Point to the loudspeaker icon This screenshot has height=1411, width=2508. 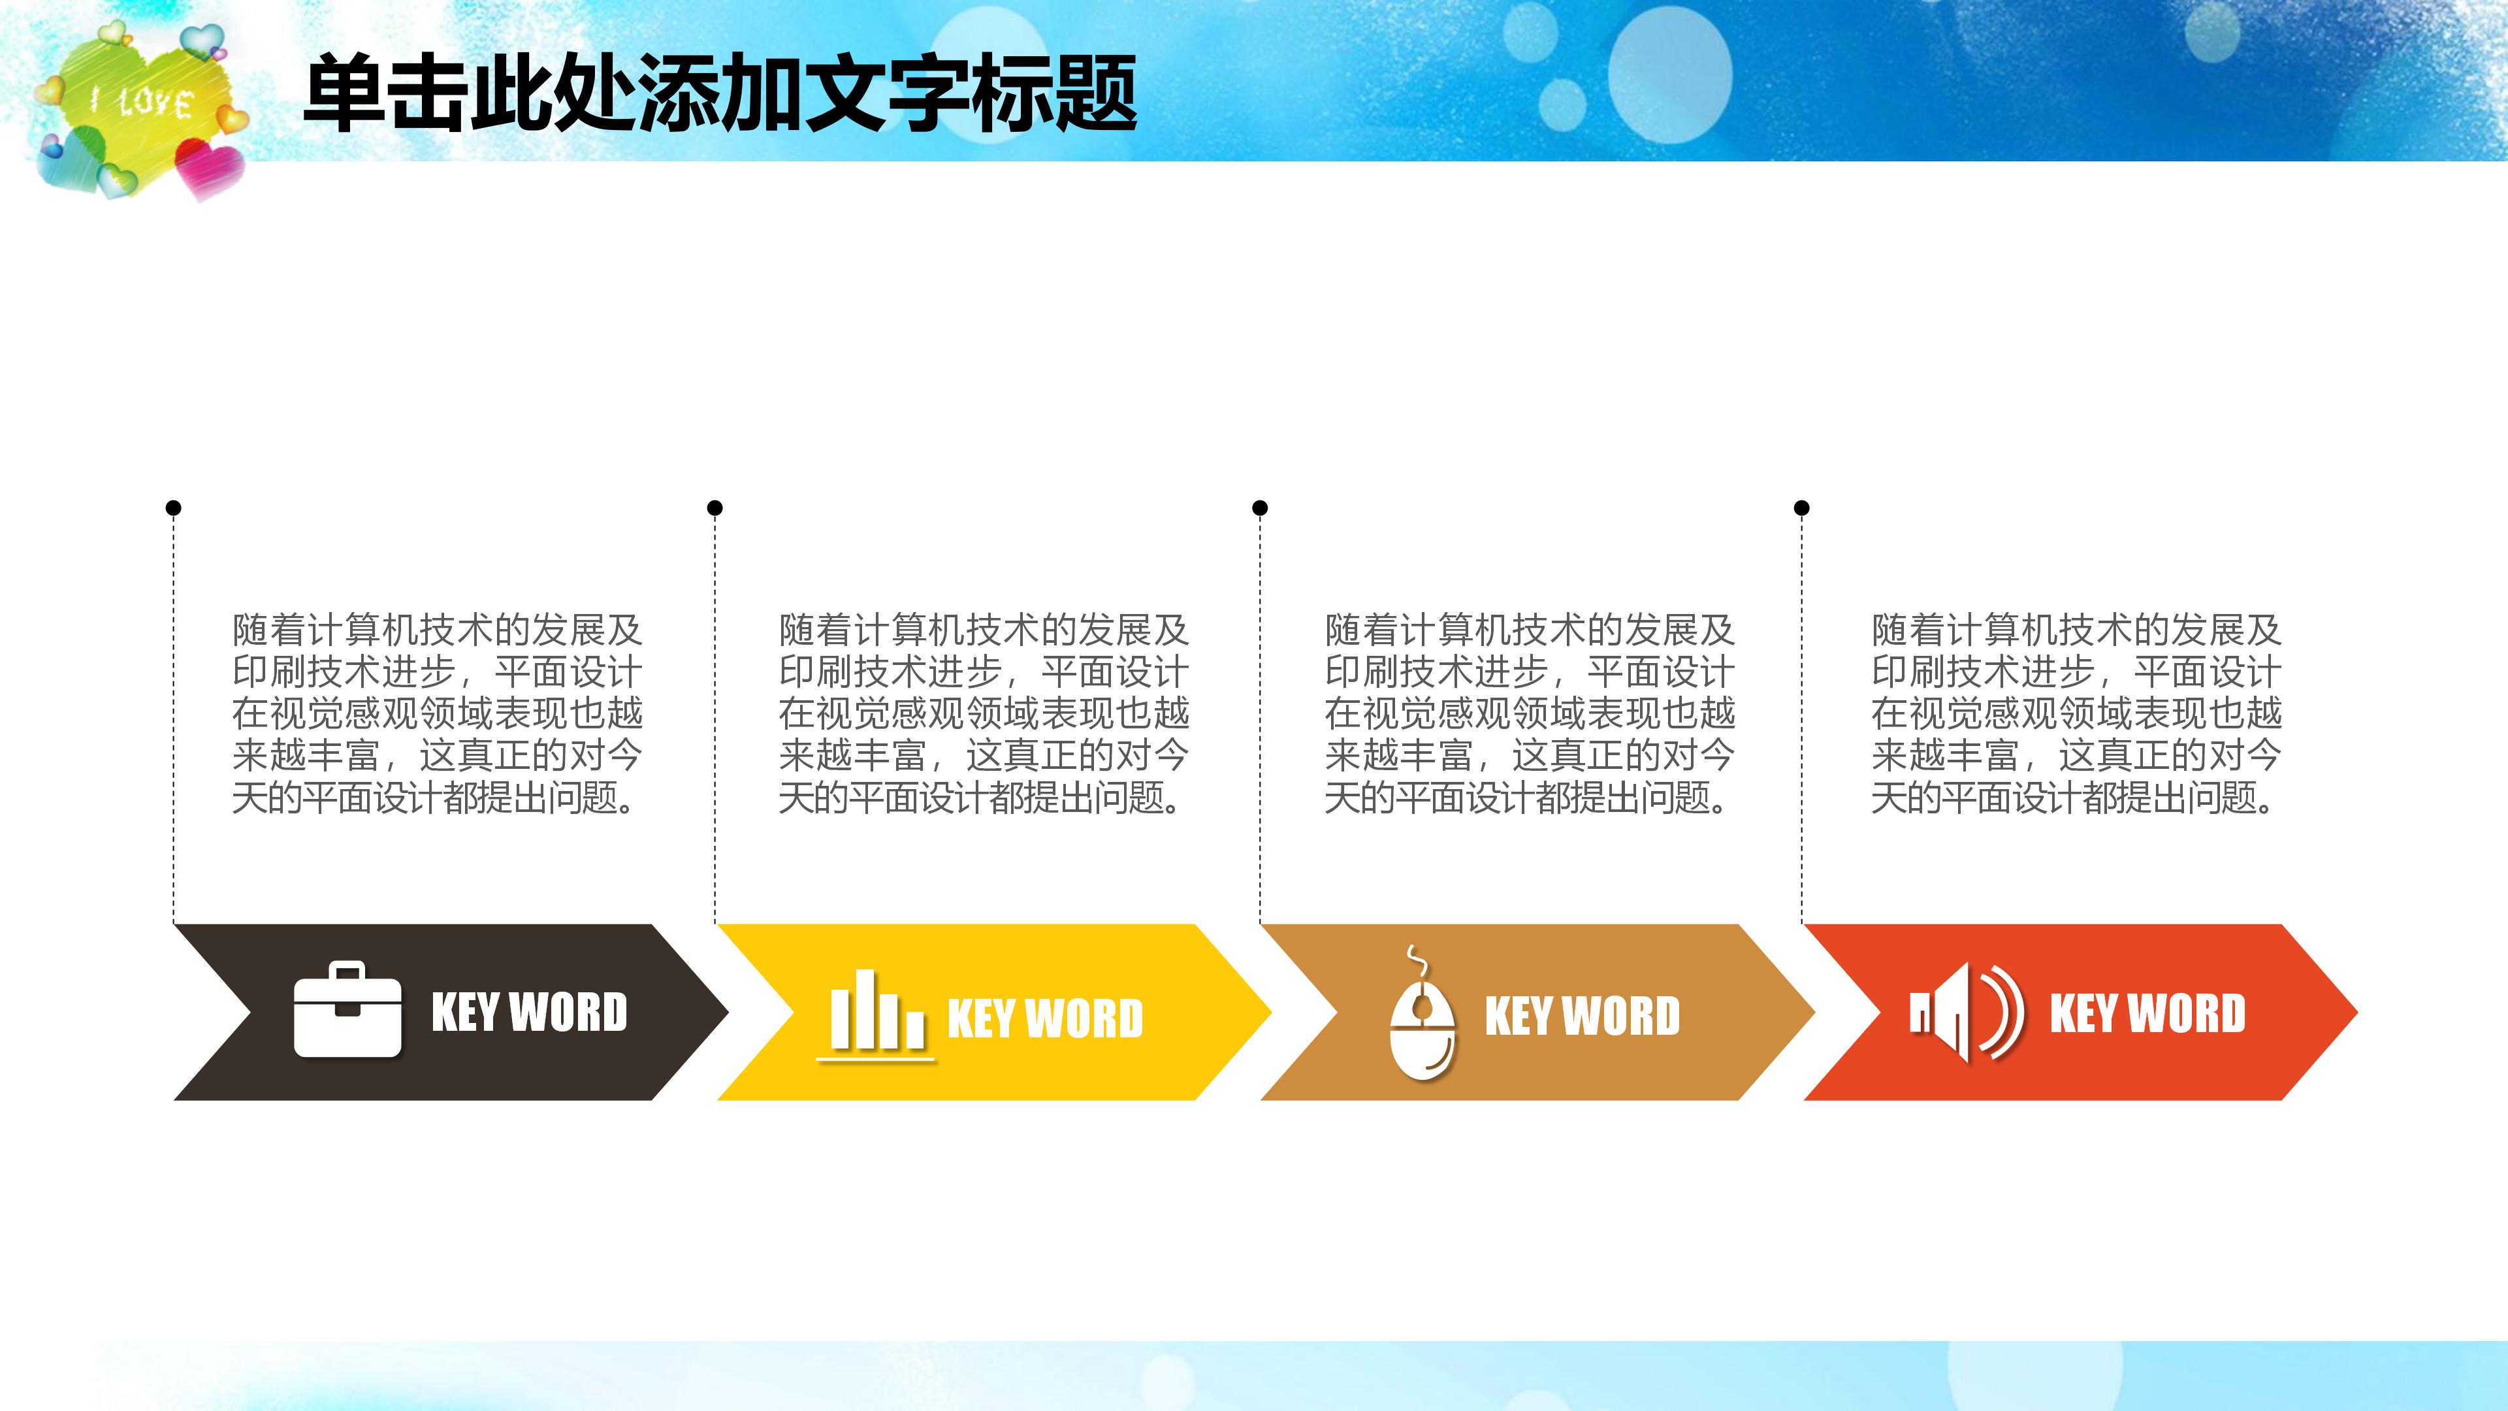[x=1966, y=1012]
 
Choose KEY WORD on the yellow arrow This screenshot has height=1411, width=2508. [x=1045, y=1018]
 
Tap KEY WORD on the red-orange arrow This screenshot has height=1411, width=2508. [x=2147, y=1012]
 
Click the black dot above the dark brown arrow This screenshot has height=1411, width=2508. [x=173, y=508]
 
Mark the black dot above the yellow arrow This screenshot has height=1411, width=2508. [x=715, y=508]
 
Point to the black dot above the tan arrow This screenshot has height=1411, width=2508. [x=1260, y=508]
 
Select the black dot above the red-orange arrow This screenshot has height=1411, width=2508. [x=1801, y=508]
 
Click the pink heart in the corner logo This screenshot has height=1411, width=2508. [x=208, y=167]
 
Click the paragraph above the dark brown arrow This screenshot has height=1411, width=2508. [x=437, y=714]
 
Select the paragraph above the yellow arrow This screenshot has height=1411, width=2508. [x=984, y=714]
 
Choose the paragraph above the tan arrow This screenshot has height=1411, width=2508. [x=1530, y=714]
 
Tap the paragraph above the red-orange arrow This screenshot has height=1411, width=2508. [x=2076, y=714]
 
